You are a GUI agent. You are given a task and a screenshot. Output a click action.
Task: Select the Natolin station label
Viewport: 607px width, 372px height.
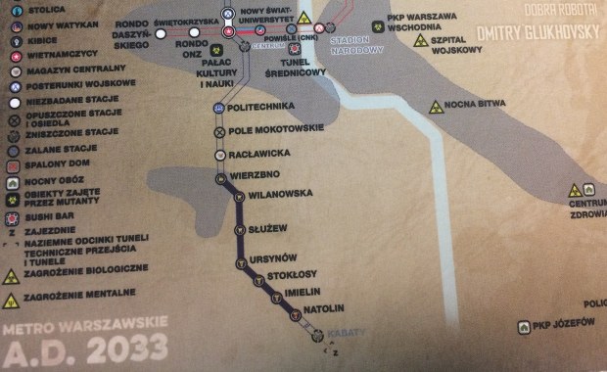click(323, 310)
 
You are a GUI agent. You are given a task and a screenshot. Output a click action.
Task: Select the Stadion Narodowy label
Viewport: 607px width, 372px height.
click(355, 46)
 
